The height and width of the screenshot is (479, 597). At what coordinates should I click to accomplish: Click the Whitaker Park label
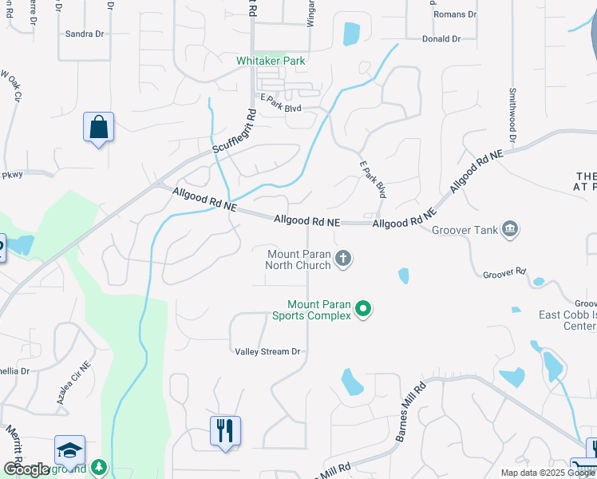point(271,61)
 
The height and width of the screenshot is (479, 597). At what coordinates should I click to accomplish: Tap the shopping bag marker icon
point(98,127)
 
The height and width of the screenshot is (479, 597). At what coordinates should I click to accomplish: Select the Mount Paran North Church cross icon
point(343,259)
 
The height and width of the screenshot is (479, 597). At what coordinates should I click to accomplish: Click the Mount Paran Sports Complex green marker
point(363,309)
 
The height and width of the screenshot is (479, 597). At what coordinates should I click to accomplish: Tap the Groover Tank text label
point(464,231)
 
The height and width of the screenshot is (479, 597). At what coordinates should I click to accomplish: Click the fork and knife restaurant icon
point(225,431)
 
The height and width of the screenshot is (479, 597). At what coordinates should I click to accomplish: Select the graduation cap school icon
point(69,450)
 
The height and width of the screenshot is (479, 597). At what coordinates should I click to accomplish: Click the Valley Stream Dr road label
point(267,351)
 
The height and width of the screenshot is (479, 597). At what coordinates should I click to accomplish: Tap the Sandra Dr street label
point(85,34)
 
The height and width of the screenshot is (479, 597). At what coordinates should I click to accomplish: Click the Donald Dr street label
point(441,38)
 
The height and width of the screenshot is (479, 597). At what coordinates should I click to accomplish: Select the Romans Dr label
point(455,14)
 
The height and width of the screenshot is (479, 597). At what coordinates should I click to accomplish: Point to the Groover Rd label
point(504,273)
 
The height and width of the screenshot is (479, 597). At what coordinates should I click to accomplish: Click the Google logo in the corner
point(27,469)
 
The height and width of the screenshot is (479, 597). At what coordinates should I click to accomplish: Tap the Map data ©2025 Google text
point(548,473)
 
